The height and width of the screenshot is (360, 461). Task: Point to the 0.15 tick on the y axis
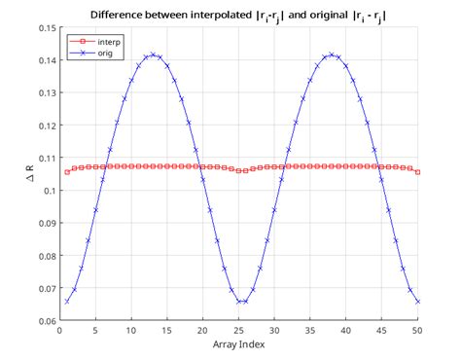(x=46, y=27)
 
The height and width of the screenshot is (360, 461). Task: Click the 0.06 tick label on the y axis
(x=46, y=321)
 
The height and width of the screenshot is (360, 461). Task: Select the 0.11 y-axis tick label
(x=46, y=158)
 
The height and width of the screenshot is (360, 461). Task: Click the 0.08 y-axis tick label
(x=46, y=256)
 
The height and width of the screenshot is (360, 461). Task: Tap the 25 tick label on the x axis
(x=238, y=331)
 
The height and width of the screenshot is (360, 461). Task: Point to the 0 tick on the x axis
(x=59, y=331)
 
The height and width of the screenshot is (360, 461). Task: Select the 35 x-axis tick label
(x=310, y=331)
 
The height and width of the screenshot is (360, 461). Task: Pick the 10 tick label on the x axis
(x=131, y=331)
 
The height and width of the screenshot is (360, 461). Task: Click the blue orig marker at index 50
(x=418, y=302)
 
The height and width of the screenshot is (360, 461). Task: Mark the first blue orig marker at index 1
(x=66, y=302)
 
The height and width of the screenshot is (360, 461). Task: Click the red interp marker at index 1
(x=66, y=172)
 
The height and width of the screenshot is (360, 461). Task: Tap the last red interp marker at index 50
(x=418, y=172)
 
